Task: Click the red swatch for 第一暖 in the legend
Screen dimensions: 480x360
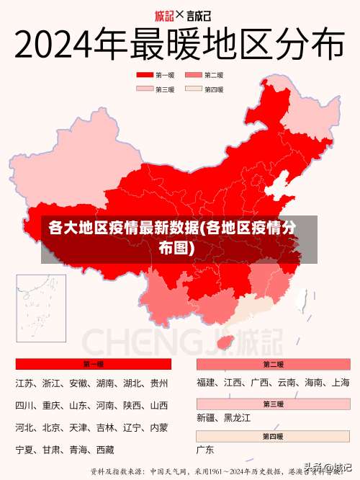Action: tap(145, 75)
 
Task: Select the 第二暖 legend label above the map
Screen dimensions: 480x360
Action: tap(213, 75)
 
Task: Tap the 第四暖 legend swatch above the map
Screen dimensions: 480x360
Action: tap(194, 89)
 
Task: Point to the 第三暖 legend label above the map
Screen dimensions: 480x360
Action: tap(165, 89)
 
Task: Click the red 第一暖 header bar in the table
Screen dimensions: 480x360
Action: tap(93, 364)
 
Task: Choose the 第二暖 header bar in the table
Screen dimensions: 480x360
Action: tap(273, 364)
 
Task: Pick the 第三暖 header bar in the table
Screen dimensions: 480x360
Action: tap(273, 404)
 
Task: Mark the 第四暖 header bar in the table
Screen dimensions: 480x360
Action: tap(273, 437)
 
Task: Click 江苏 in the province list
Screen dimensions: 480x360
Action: tap(24, 383)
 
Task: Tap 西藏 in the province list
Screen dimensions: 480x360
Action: tap(104, 450)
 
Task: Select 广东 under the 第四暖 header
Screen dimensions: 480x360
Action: tap(205, 450)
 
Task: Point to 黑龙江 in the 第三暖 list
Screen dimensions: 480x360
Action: tap(237, 417)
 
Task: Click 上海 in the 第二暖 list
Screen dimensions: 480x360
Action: tap(341, 383)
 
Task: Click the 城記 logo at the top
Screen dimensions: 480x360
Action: tap(165, 14)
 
